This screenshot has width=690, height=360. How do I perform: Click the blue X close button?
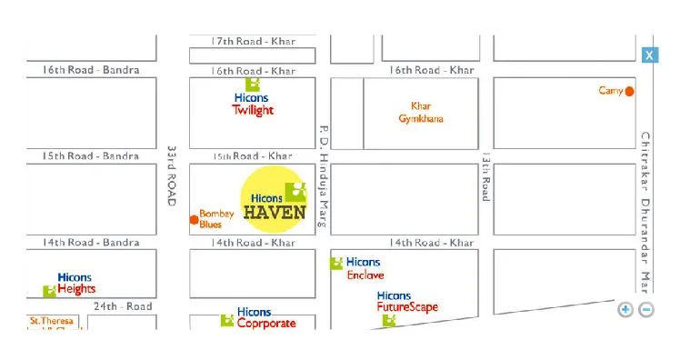tap(649, 55)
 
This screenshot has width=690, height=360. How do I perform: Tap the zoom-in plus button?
tap(625, 309)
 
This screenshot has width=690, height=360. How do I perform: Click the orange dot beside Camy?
tap(629, 91)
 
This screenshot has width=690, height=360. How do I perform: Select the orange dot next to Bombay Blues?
tap(194, 219)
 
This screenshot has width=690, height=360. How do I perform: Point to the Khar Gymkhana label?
tap(421, 112)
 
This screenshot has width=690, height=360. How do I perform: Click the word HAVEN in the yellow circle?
tap(276, 214)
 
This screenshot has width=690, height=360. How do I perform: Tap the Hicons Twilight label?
tap(253, 104)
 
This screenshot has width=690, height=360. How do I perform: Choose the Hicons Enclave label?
tap(364, 269)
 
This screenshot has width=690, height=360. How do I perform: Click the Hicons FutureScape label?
tap(406, 302)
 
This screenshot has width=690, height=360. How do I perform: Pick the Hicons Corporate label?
tap(265, 318)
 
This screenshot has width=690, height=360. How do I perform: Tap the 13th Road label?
tap(486, 176)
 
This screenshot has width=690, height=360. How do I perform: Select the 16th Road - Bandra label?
tap(91, 70)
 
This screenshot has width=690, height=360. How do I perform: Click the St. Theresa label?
tap(52, 321)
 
